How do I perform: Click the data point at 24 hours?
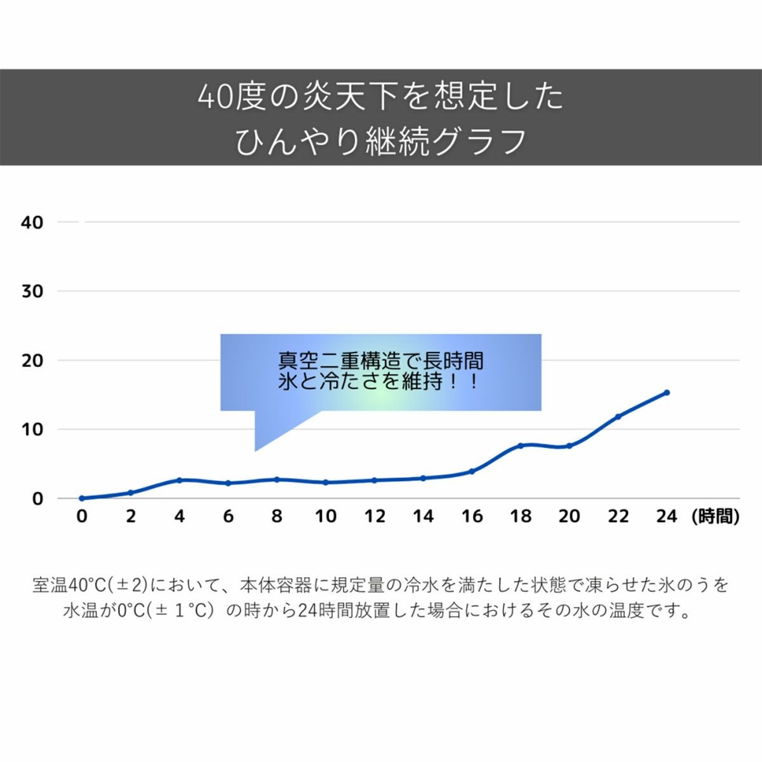coord(666,392)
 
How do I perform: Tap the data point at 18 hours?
coord(521,446)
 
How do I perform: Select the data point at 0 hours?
coord(82,498)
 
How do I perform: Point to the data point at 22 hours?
coord(618,417)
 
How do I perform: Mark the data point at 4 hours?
coord(179,480)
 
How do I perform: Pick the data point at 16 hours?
coord(472,471)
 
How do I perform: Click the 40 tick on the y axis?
coord(32,223)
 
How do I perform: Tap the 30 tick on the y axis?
coord(32,291)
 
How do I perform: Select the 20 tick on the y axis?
coord(32,361)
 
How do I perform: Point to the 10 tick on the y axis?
coord(32,429)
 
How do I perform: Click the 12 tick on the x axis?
coord(375,516)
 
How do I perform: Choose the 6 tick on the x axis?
coord(228,516)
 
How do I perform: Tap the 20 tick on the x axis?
coord(570,516)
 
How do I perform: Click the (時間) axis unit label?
coord(715,517)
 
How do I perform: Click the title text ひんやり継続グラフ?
coord(381,141)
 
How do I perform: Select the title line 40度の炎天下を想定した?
coord(381,97)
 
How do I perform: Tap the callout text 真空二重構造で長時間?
coord(381,361)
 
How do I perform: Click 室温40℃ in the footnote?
coord(73,584)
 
